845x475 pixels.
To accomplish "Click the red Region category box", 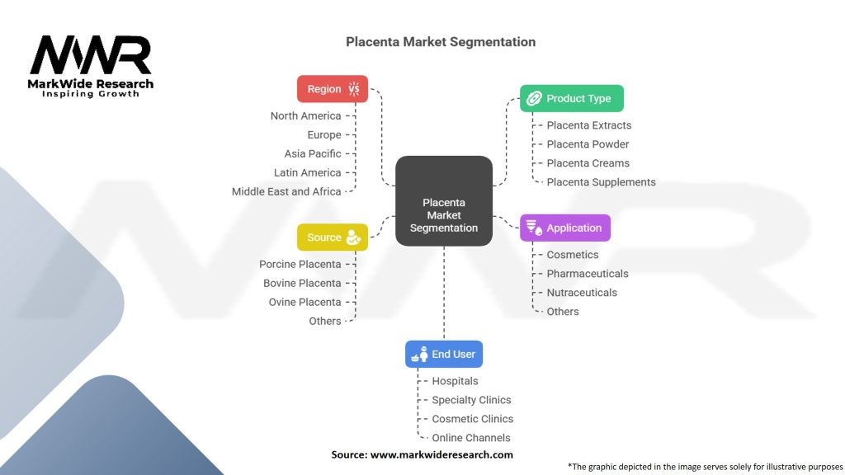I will pyautogui.click(x=333, y=89).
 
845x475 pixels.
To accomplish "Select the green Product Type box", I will pyautogui.click(x=572, y=98).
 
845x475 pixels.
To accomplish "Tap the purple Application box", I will pyautogui.click(x=565, y=228).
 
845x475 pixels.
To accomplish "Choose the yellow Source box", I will pyautogui.click(x=333, y=237).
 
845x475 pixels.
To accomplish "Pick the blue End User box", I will pyautogui.click(x=444, y=355).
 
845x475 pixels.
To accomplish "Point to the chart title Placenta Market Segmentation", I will pyautogui.click(x=441, y=42).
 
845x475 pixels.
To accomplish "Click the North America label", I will pyautogui.click(x=305, y=116).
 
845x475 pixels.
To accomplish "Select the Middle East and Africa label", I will pyautogui.click(x=286, y=191).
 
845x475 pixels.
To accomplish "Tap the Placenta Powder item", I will pyautogui.click(x=588, y=144).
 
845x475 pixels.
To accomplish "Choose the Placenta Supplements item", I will pyautogui.click(x=601, y=182).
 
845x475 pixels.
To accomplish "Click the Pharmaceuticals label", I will pyautogui.click(x=587, y=274).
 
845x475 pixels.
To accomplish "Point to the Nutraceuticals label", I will pyautogui.click(x=582, y=293).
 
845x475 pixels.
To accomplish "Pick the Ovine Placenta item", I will pyautogui.click(x=304, y=303).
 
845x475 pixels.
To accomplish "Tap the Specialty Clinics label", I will pyautogui.click(x=471, y=400).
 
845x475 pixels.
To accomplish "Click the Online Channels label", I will pyautogui.click(x=471, y=438).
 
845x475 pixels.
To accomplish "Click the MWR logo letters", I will pyautogui.click(x=91, y=56).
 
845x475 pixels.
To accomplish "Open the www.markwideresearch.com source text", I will pyautogui.click(x=441, y=454).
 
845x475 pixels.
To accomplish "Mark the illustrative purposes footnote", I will pyautogui.click(x=706, y=466).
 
